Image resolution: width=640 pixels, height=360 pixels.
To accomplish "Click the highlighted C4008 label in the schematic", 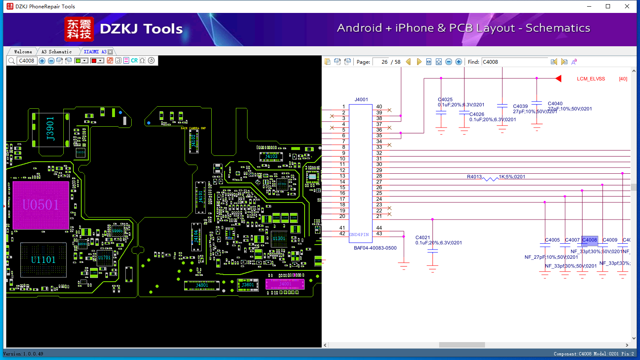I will coord(590,240).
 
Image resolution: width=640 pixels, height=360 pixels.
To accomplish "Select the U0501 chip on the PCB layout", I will coord(41,205).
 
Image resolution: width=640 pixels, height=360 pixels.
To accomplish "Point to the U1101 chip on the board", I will coord(43,260).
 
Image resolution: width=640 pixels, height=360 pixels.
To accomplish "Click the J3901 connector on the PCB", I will coord(50,129).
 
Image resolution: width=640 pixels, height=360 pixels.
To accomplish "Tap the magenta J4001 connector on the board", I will coord(285,284).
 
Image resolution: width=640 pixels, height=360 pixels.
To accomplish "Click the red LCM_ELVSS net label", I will coord(591,79).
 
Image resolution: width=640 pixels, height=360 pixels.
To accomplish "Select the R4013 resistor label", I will coord(474,177).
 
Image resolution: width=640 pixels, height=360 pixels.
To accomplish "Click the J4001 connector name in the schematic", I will coord(361,100).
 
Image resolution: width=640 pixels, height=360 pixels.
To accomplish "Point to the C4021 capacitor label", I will coord(422,237).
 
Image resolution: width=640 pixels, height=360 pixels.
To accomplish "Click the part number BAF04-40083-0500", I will coord(375,248).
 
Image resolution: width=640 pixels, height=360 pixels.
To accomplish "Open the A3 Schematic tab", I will coord(57,52).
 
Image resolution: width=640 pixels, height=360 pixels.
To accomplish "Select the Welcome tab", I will coord(23,52).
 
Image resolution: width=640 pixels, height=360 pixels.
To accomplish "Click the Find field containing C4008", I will coord(515,62).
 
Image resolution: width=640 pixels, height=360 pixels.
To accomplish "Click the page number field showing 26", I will coord(380,62).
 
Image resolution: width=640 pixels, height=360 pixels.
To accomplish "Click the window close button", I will coord(627,6).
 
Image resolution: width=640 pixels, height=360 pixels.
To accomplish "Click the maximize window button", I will coord(608,6).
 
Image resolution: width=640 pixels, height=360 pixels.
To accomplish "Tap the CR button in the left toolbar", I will coord(134,60).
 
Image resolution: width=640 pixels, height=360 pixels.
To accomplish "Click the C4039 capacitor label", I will coord(520,106).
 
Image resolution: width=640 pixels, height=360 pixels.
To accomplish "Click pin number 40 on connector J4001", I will coord(379,107).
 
